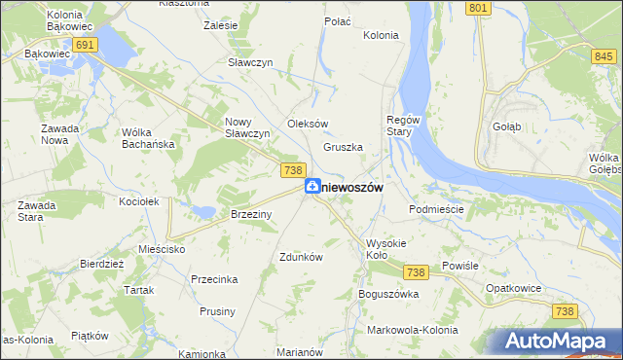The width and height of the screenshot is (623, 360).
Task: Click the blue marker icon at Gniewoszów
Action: [311, 186]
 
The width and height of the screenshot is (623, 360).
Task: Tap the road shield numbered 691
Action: [85, 46]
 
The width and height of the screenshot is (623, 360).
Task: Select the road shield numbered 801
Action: [476, 8]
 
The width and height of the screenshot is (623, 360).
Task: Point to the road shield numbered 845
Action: [603, 57]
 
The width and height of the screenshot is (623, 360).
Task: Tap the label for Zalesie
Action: [221, 26]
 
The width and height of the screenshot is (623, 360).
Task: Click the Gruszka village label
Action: [343, 148]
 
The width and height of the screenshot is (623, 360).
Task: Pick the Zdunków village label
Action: [301, 258]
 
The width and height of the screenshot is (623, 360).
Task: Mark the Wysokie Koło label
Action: [388, 249]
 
